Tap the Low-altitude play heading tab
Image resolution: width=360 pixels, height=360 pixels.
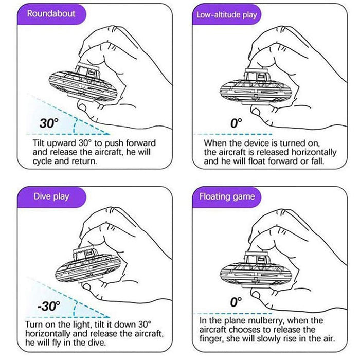click(x=226, y=14)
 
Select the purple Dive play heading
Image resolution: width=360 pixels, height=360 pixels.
click(x=51, y=196)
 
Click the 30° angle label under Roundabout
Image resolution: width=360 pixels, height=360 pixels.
click(x=50, y=123)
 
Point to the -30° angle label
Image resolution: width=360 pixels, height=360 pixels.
click(x=49, y=307)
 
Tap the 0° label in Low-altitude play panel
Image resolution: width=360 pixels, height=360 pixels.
click(x=236, y=123)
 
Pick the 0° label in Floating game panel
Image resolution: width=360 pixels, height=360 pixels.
click(x=236, y=302)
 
